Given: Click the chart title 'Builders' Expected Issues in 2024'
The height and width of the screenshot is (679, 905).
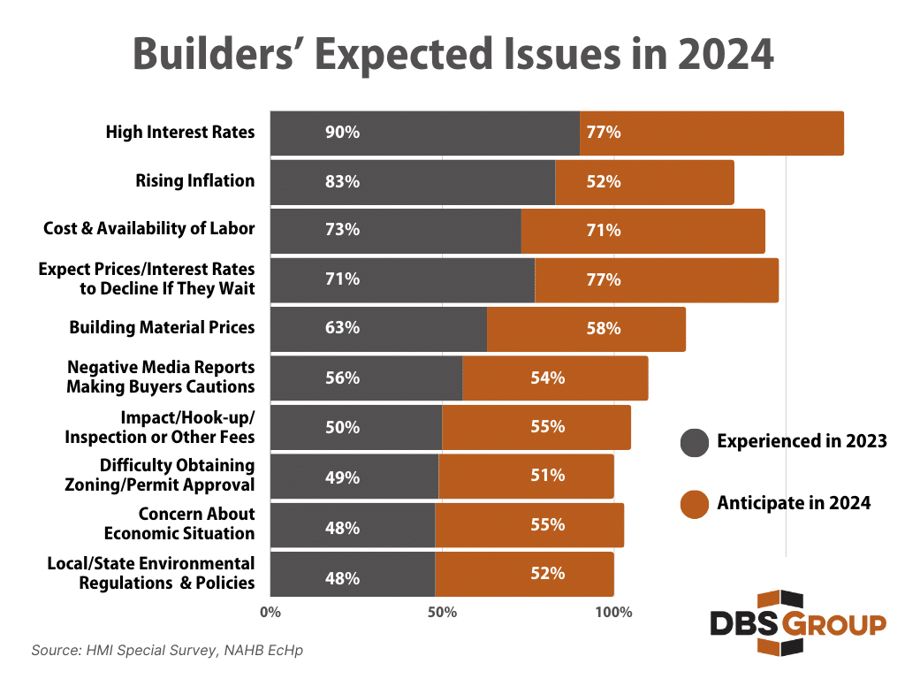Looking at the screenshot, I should click(x=452, y=55).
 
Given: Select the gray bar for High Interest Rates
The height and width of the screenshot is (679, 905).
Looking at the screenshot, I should click(x=424, y=133).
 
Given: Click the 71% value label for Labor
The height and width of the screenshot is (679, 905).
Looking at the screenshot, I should click(x=604, y=231).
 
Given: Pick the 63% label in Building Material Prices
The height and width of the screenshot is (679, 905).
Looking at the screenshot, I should click(x=342, y=328).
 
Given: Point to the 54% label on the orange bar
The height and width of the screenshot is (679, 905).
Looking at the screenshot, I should click(x=547, y=378).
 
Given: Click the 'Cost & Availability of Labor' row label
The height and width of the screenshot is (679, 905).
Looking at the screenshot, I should click(x=148, y=229).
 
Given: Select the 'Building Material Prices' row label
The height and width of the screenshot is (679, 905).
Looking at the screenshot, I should click(x=162, y=327).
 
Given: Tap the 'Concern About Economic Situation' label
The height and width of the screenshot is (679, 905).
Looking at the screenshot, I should click(x=179, y=523).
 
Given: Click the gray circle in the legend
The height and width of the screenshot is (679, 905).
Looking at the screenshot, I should click(x=695, y=441).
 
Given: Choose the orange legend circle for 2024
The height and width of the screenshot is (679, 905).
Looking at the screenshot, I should click(x=695, y=503).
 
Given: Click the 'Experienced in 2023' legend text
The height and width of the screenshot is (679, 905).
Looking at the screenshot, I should click(x=802, y=441).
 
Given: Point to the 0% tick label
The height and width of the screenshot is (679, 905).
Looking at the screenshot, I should click(x=270, y=612).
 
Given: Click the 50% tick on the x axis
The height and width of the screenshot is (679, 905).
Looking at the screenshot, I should click(x=442, y=612).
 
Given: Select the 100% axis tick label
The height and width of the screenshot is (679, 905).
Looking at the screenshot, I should click(x=613, y=612).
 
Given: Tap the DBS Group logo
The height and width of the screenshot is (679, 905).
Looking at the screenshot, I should click(x=797, y=623).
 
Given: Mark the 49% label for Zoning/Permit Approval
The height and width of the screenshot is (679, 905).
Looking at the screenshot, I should click(x=342, y=477).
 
